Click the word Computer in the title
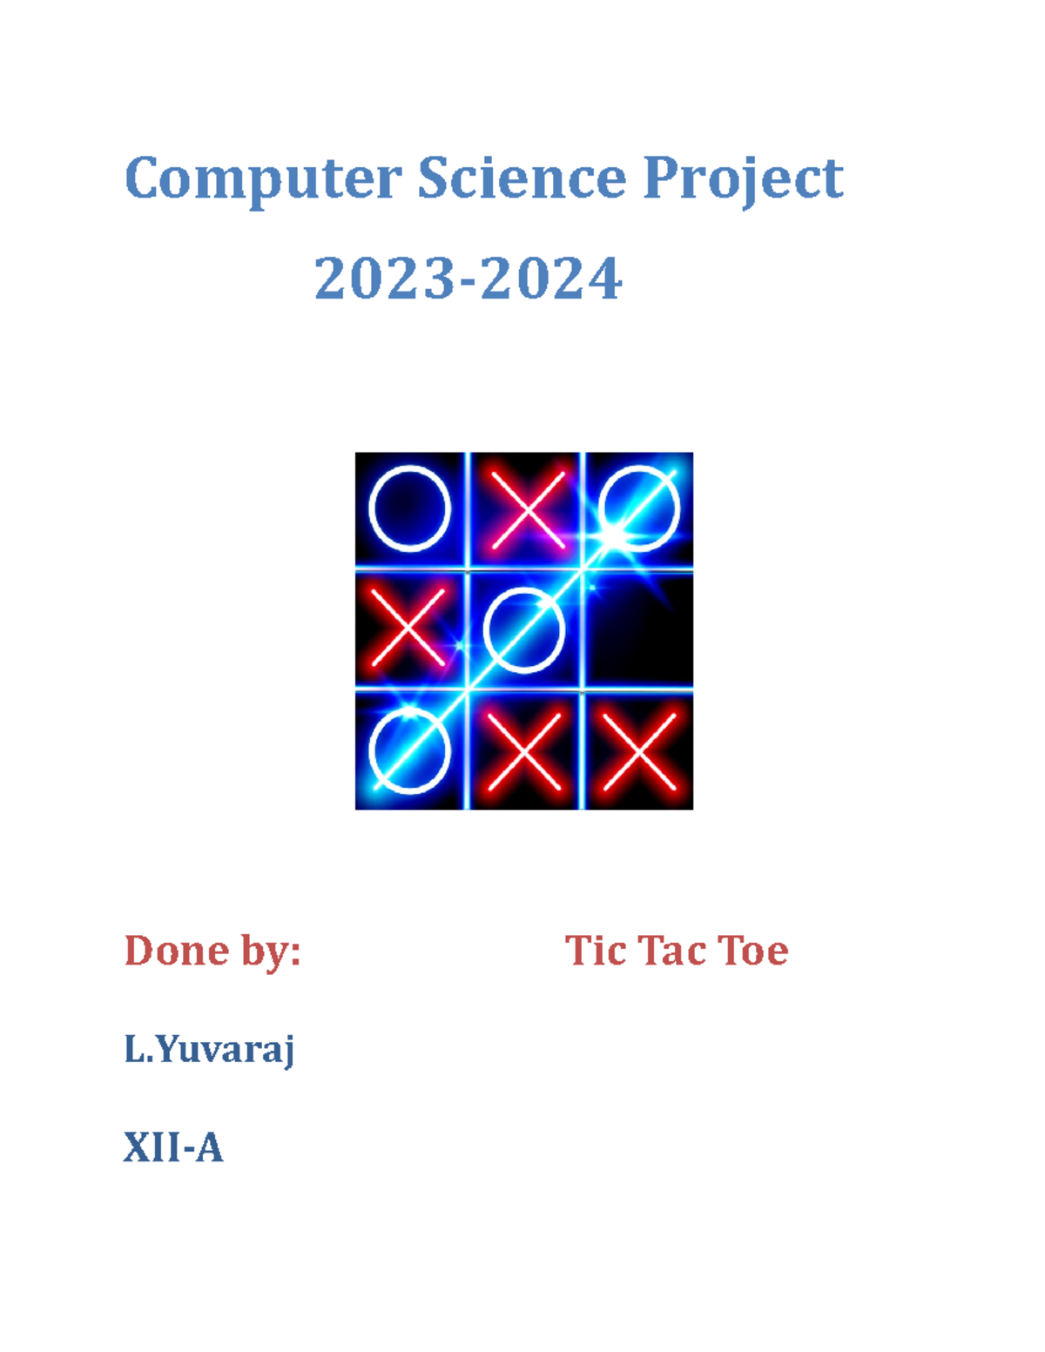263,179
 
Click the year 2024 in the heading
550,279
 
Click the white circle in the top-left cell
409,508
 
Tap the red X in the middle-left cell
408,627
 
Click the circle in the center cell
524,629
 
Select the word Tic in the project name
596,950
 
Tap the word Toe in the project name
753,950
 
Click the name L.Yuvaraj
209,1050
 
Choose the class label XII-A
173,1147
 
